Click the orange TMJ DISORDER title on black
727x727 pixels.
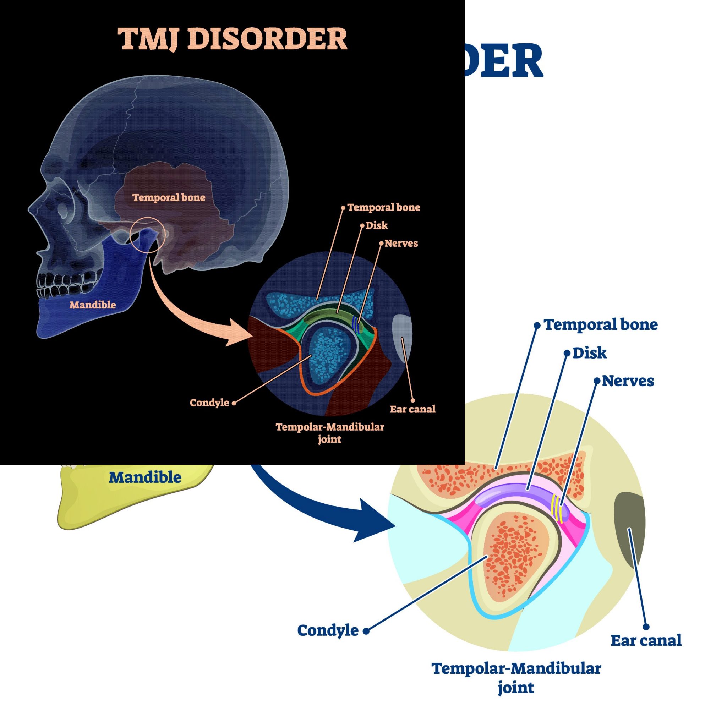coord(232,39)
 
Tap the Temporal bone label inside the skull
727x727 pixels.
coord(169,198)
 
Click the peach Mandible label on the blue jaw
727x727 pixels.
coord(93,305)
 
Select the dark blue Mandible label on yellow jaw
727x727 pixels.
coord(145,477)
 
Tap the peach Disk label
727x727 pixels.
coord(376,225)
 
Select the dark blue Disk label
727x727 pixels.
coord(589,353)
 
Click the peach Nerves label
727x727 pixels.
coord(401,244)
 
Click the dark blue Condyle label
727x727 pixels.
coord(328,630)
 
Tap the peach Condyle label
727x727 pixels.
coord(209,403)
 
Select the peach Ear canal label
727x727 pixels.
coord(412,409)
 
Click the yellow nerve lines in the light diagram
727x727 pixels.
coord(557,510)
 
